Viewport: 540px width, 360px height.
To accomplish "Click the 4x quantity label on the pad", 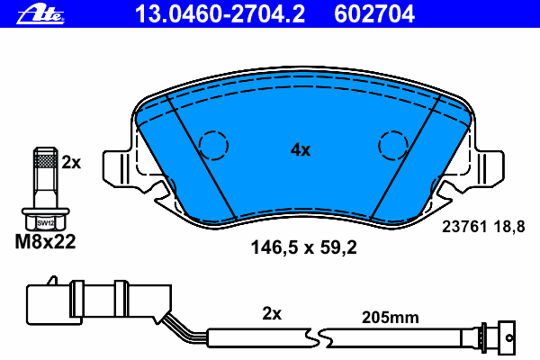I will click(x=300, y=150).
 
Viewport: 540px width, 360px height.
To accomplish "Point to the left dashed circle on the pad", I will click(x=214, y=144).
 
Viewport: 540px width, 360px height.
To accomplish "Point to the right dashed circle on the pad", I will click(x=393, y=144).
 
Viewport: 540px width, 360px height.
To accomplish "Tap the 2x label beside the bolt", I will click(x=71, y=162).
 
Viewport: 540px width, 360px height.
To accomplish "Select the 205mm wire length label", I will click(x=391, y=316).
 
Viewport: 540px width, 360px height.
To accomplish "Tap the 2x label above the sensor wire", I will click(x=272, y=314).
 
